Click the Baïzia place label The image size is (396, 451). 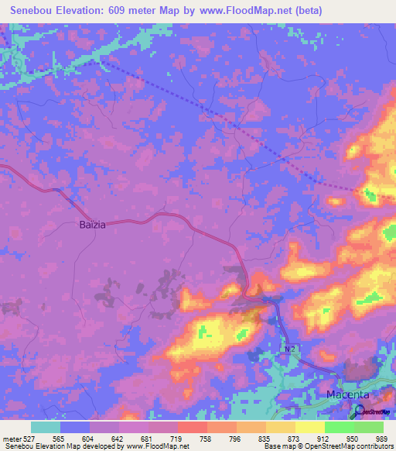pyautogui.click(x=92, y=225)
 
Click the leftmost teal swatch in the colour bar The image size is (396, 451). pyautogui.click(x=46, y=427)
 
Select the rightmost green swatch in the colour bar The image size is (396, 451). pyautogui.click(x=369, y=427)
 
